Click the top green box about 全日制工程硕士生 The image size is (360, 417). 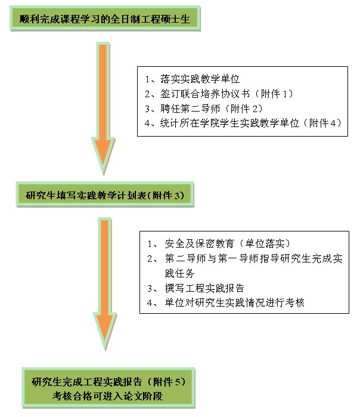tap(105, 18)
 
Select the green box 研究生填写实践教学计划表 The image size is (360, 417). tap(105, 194)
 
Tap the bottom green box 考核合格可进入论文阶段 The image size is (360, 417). tap(108, 388)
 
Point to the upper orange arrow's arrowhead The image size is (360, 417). tap(103, 156)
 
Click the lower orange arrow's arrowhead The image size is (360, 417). tap(105, 332)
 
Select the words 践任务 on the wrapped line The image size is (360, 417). tap(179, 273)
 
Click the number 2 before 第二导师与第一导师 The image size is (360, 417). tap(150, 258)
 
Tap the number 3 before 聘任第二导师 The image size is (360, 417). tap(147, 109)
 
